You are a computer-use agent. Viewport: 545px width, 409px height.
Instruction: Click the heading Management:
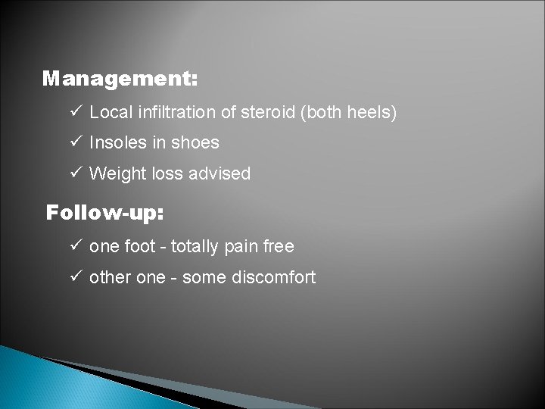[120, 79]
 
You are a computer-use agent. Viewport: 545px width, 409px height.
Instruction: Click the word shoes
[197, 143]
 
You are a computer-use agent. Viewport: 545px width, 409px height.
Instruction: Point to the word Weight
[114, 173]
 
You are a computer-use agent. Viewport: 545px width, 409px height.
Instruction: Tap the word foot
[143, 246]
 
